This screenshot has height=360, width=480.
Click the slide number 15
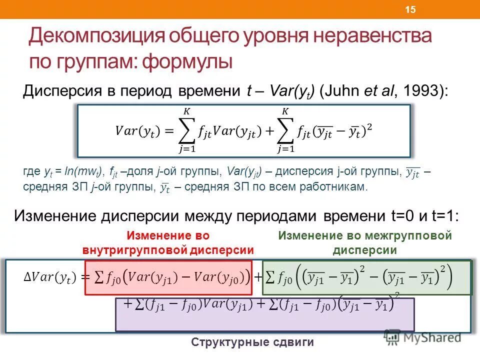410,10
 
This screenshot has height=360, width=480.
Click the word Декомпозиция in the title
96,37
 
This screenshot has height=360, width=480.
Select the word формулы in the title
187,62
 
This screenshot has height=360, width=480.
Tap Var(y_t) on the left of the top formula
136,131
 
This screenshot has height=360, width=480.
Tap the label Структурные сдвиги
252,342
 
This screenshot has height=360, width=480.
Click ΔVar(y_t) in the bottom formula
49,276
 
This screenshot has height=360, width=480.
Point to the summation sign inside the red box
98,276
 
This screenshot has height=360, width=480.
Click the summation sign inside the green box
270,276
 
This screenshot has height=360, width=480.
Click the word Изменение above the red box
151,235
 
